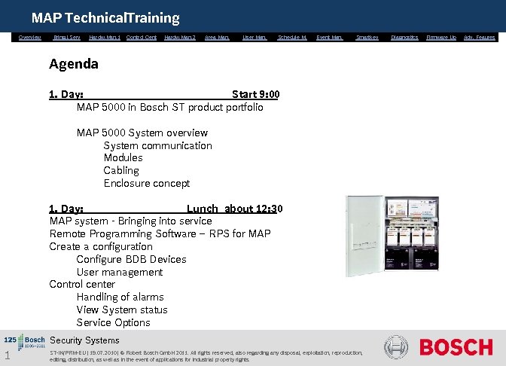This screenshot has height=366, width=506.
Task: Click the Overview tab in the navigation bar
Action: coord(30,37)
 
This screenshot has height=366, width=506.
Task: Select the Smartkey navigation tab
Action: coord(367,37)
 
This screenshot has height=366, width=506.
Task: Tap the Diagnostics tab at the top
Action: coord(404,37)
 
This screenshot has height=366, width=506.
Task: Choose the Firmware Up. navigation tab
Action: coord(441,37)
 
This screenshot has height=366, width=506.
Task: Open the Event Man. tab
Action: coord(329,37)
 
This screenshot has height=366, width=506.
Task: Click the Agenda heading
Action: coord(74,64)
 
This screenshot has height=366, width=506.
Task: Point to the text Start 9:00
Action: coord(255,95)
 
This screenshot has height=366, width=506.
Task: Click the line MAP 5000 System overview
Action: coord(142,133)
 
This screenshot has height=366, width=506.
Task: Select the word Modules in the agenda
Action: coord(123,158)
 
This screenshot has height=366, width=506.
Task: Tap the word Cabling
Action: coord(121,171)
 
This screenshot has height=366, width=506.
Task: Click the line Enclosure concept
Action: coord(146,184)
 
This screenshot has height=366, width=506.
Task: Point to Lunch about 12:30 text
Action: coord(233,209)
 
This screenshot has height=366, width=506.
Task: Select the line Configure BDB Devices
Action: coord(131,260)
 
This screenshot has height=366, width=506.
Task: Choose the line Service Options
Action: coord(113,323)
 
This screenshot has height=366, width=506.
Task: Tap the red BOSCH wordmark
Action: coord(456,348)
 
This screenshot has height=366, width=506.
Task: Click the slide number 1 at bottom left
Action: coord(6,356)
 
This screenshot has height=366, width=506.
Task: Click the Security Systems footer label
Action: coord(84,341)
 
